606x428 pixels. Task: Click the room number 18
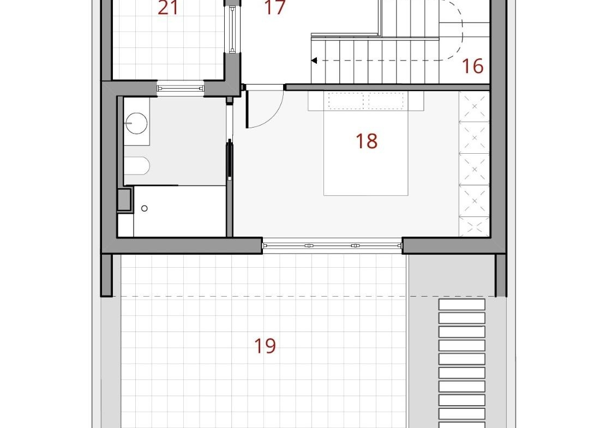367,141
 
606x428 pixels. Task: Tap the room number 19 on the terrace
265,346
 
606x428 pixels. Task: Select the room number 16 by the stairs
473,66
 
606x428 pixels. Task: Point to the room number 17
275,7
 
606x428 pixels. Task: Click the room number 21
168,7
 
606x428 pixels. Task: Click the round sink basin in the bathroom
136,123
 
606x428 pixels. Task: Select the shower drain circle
144,209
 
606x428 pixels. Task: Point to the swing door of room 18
265,106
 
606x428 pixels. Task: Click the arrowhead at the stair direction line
314,61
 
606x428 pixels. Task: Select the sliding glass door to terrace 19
333,246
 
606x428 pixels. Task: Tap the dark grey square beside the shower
124,200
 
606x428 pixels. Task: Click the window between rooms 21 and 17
232,29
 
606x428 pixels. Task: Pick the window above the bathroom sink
180,88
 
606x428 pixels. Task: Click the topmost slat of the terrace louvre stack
462,304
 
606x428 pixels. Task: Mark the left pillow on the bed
345,101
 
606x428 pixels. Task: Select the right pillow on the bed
386,101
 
